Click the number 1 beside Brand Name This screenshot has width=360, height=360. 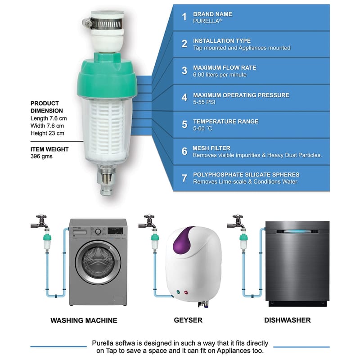coord(184,17)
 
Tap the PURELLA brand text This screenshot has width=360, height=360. coord(207,21)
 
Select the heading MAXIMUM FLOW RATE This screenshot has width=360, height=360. coord(225,68)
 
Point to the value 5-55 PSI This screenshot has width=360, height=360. coord(204,102)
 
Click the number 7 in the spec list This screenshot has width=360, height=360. coord(184,178)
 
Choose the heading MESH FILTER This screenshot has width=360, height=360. coord(211,148)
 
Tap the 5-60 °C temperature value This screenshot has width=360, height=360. coord(202,128)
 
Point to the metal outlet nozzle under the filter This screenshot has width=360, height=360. coord(106,181)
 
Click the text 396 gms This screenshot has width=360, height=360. coord(41,156)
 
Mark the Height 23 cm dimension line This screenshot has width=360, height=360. coord(47,133)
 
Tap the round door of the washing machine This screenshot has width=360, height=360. coord(98,262)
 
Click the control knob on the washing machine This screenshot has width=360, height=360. coord(98,232)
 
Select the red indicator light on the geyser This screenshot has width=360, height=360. coord(186,292)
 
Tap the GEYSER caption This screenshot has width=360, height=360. coord(188,320)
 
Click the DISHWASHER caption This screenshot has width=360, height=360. coord(287,320)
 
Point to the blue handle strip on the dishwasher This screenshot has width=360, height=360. coord(297,231)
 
